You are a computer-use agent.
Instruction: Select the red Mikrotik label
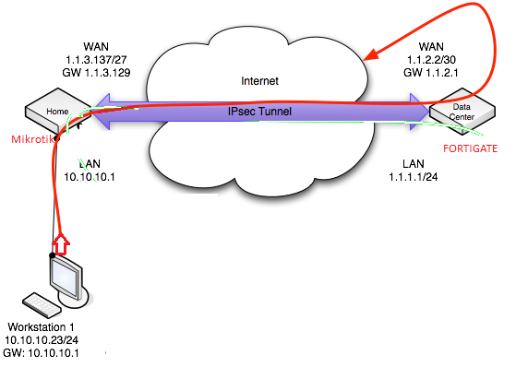tap(30, 140)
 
